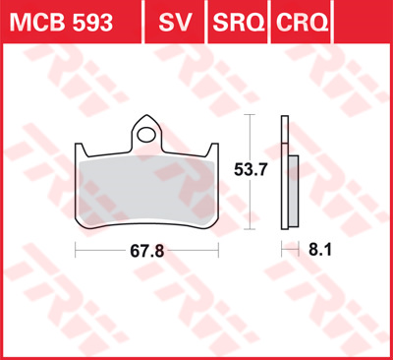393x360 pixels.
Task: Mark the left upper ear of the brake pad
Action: click(83, 148)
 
